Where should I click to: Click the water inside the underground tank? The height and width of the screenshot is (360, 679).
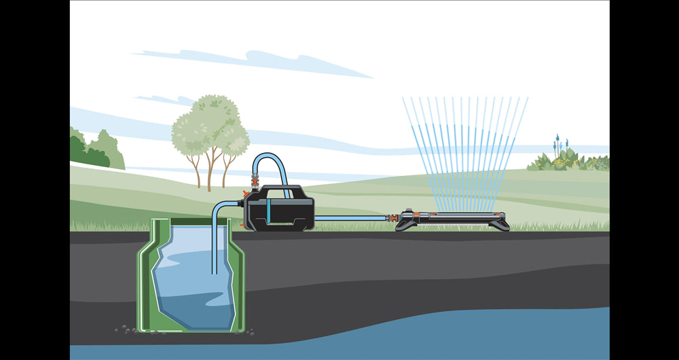point(190,285)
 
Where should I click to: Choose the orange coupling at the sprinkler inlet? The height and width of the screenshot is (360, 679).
point(392,219)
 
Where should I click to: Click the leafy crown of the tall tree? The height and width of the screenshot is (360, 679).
point(210,126)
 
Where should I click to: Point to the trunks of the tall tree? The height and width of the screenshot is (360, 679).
point(210,173)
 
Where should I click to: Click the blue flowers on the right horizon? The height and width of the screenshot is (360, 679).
point(557,144)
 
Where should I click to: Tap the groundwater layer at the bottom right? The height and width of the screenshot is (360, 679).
point(543,333)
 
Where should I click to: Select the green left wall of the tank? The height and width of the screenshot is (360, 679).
point(144,278)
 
